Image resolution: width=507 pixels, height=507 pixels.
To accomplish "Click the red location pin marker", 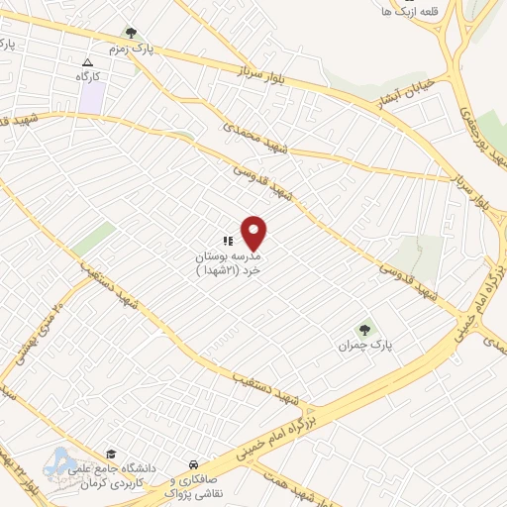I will point(254,233).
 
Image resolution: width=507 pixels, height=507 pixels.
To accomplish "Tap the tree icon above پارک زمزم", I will point(132,33).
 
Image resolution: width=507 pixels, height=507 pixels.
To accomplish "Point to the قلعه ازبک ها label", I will point(400,11).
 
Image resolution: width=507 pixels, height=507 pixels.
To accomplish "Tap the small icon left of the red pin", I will point(228,240).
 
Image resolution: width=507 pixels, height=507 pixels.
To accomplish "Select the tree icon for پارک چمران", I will point(365,330).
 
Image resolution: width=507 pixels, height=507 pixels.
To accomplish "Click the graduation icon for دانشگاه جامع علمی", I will point(111,454).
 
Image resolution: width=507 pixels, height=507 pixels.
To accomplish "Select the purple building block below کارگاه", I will point(92,98).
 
